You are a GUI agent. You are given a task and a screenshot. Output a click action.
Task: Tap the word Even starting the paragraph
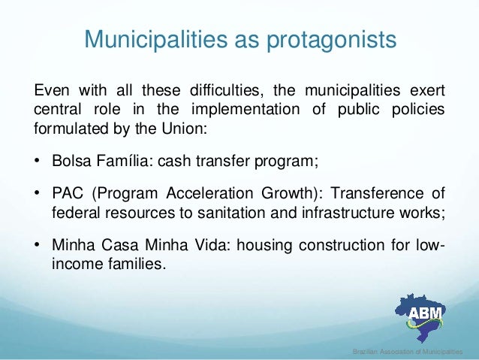pyautogui.click(x=50, y=92)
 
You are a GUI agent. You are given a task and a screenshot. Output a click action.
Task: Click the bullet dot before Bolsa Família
pyautogui.click(x=38, y=161)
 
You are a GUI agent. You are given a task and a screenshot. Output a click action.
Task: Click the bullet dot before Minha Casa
pyautogui.click(x=38, y=247)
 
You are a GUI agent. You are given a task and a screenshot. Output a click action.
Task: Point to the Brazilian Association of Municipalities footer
pyautogui.click(x=408, y=352)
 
